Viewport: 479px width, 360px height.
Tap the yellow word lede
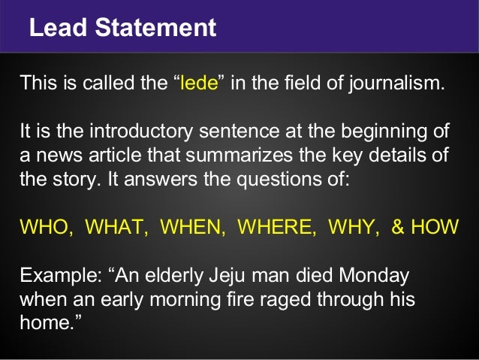pyautogui.click(x=199, y=83)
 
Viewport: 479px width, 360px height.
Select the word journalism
pyautogui.click(x=404, y=83)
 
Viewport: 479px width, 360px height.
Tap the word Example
pyautogui.click(x=51, y=276)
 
